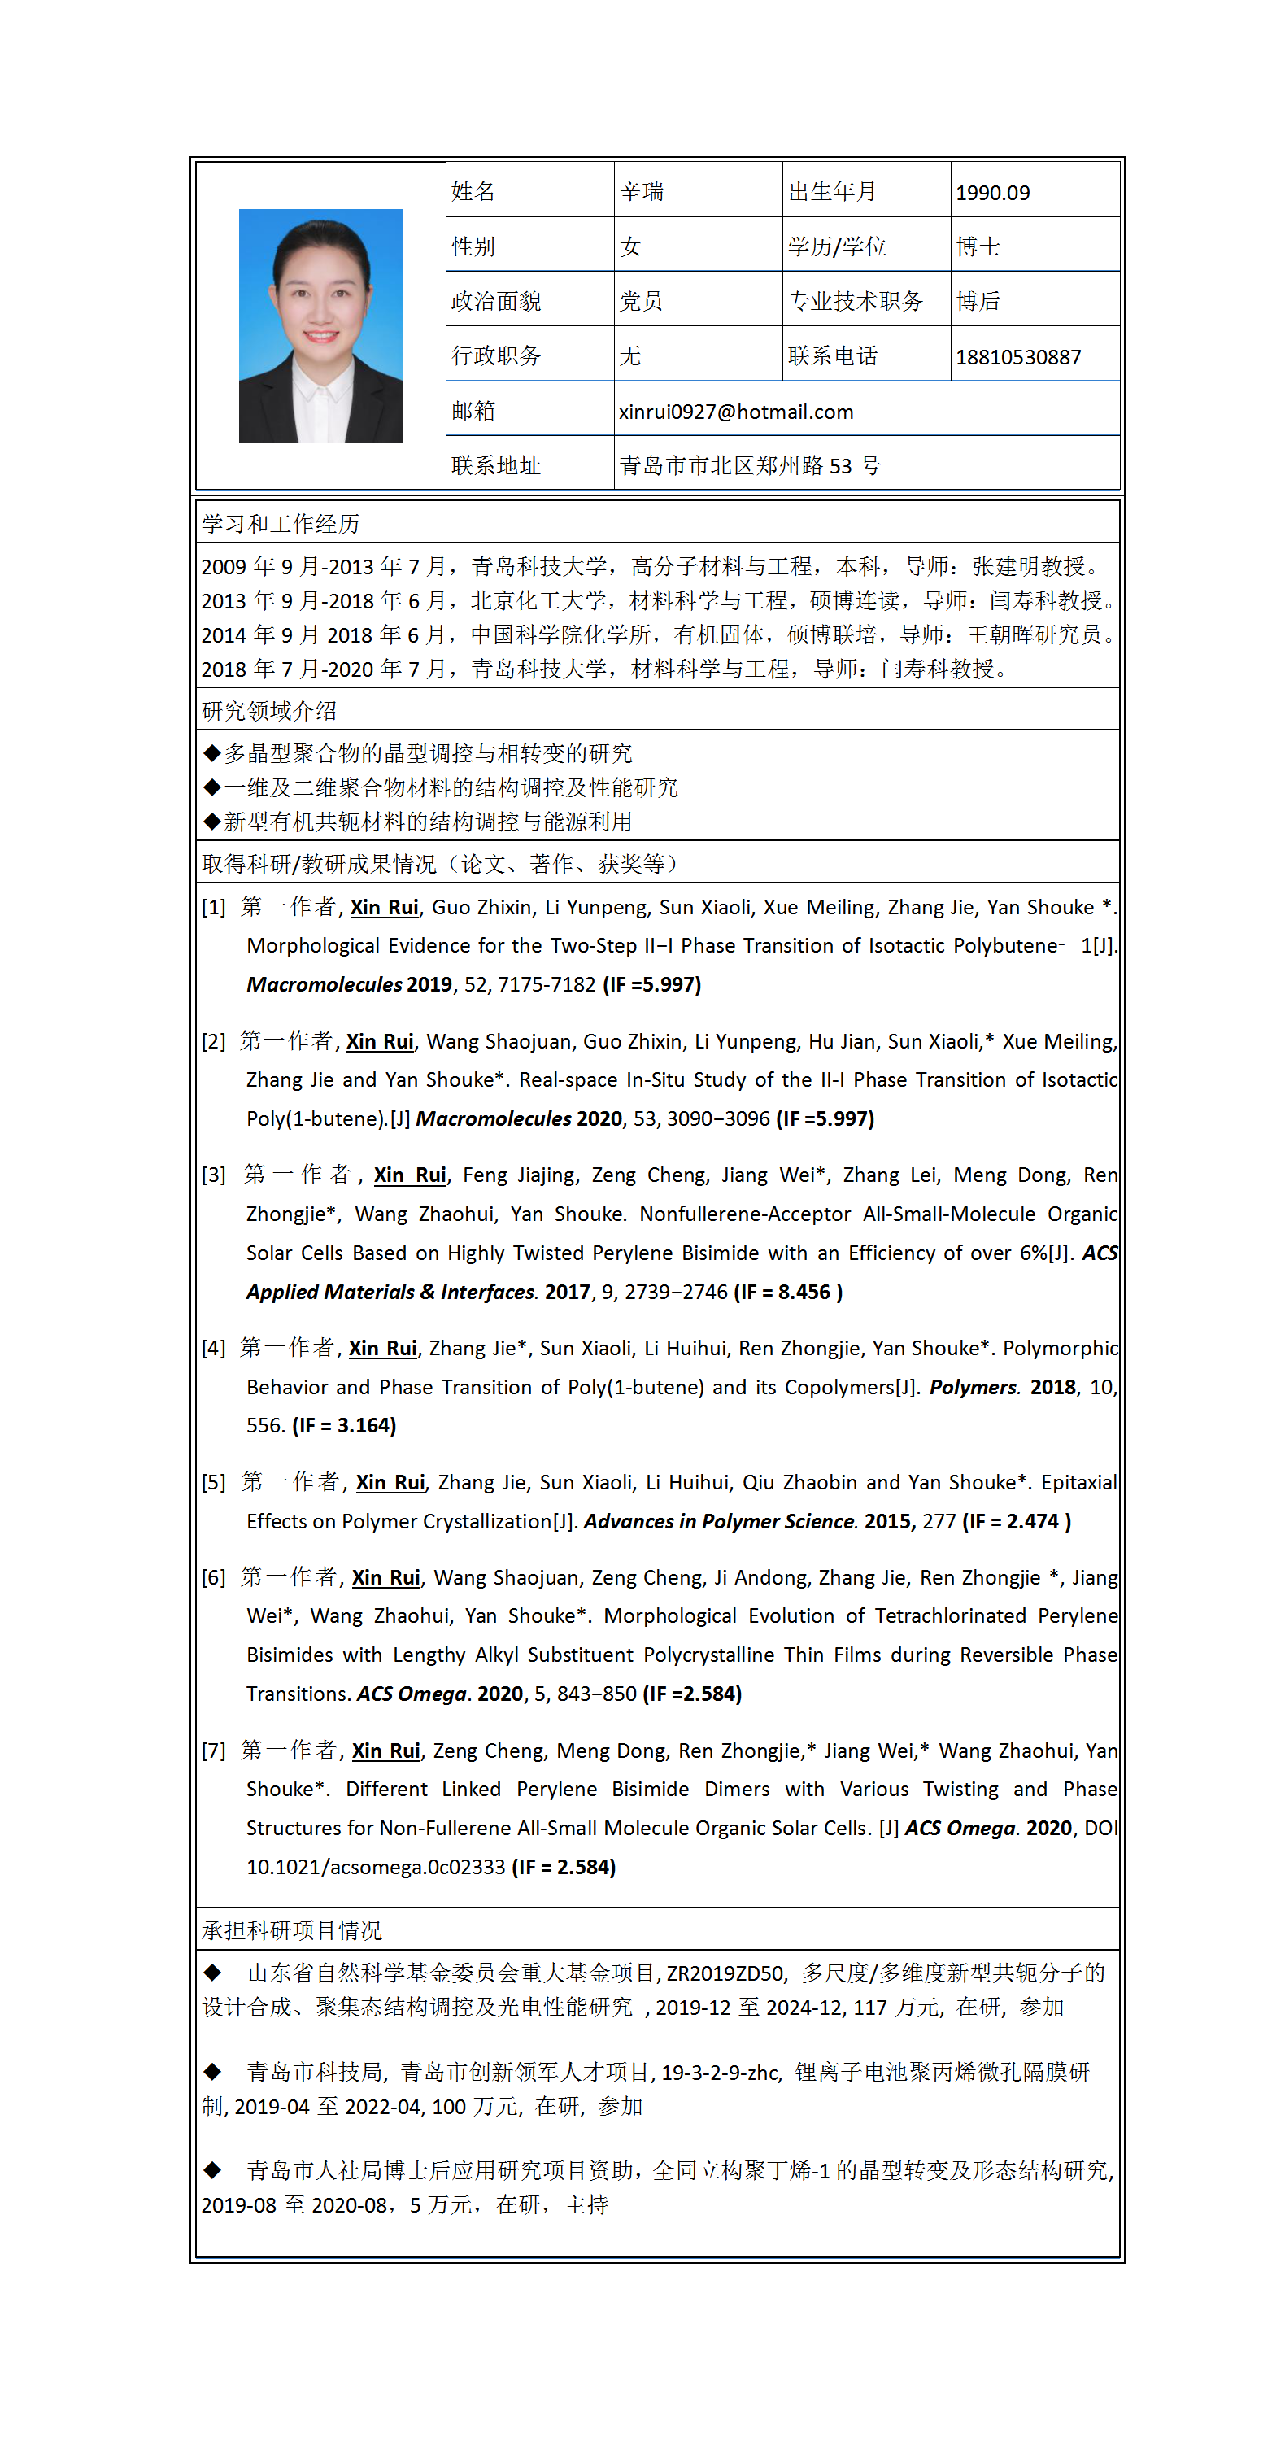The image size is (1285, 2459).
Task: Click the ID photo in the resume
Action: click(x=320, y=325)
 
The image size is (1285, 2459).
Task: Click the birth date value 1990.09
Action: click(x=992, y=193)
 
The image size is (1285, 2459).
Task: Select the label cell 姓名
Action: click(x=473, y=192)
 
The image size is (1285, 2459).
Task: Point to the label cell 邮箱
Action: click(x=473, y=411)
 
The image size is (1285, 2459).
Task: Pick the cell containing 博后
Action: click(x=978, y=302)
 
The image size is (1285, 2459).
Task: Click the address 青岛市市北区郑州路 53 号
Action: click(x=749, y=466)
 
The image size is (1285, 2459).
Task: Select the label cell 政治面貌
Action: click(x=495, y=302)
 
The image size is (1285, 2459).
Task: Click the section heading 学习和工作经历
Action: click(x=280, y=524)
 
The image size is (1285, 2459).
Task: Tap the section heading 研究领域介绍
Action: click(x=268, y=711)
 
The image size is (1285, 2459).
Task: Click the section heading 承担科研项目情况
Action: click(x=291, y=1930)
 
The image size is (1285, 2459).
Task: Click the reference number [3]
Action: click(x=214, y=1175)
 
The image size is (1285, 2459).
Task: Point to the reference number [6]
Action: click(x=214, y=1578)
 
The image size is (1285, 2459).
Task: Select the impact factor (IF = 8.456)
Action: click(x=787, y=1292)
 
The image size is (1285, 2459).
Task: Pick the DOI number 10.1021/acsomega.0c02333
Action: click(x=375, y=1866)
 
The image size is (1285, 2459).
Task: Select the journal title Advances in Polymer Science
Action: click(x=720, y=1520)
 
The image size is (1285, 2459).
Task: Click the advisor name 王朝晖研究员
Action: click(x=1034, y=634)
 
